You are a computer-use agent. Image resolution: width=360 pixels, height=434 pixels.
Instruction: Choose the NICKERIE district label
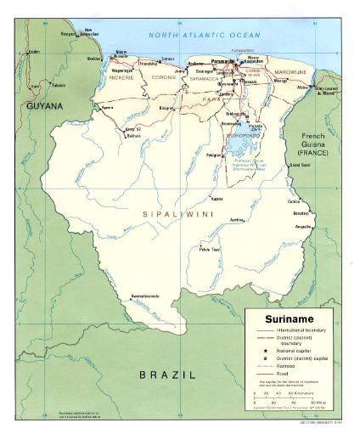point(122,77)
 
